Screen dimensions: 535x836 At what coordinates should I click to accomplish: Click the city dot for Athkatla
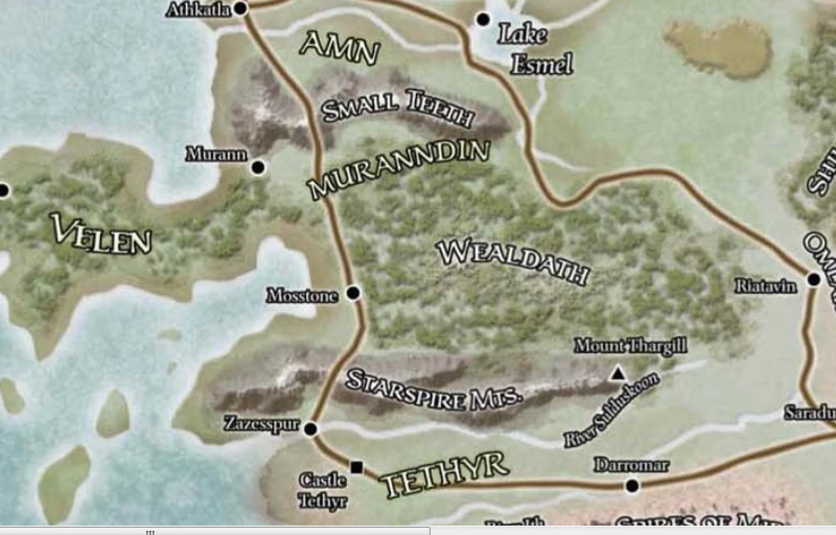pyautogui.click(x=241, y=8)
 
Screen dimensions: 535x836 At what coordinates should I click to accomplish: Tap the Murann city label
pyautogui.click(x=216, y=155)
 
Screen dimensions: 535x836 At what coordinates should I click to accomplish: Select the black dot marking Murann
pyautogui.click(x=258, y=167)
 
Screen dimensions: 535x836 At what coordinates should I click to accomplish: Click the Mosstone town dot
pyautogui.click(x=353, y=293)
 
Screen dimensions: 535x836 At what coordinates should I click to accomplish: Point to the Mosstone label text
pyautogui.click(x=302, y=296)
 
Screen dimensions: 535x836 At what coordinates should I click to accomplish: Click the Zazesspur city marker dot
pyautogui.click(x=311, y=428)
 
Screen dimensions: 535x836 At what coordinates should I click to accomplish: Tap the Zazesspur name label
pyautogui.click(x=262, y=424)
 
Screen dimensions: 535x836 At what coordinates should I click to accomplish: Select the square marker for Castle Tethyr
pyautogui.click(x=357, y=467)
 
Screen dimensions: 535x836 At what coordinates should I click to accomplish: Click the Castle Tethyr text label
pyautogui.click(x=323, y=490)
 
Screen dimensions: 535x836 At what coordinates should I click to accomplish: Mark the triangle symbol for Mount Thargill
pyautogui.click(x=617, y=374)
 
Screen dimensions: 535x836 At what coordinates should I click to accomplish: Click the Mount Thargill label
pyautogui.click(x=630, y=346)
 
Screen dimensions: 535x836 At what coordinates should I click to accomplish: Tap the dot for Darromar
pyautogui.click(x=632, y=486)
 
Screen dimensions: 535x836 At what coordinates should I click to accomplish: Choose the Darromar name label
pyautogui.click(x=631, y=465)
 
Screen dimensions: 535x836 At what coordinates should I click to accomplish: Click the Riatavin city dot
pyautogui.click(x=814, y=279)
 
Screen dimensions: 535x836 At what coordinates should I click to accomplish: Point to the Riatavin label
pyautogui.click(x=766, y=286)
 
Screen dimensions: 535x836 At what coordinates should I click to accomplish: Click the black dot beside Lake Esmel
pyautogui.click(x=483, y=20)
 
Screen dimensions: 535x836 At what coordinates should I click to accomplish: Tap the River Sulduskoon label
pyautogui.click(x=611, y=410)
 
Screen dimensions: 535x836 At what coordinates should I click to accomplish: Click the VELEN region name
pyautogui.click(x=101, y=234)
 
